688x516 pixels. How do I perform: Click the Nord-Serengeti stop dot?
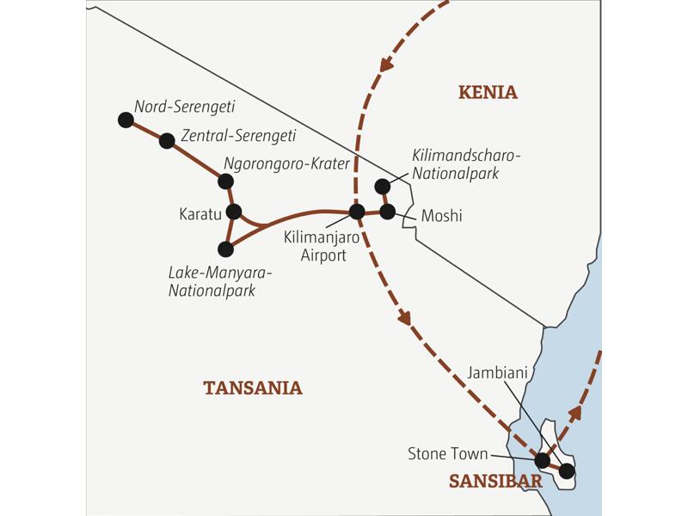pyautogui.click(x=126, y=120)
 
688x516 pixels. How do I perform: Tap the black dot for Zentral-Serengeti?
pyautogui.click(x=168, y=140)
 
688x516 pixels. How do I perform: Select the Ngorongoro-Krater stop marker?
pyautogui.click(x=225, y=181)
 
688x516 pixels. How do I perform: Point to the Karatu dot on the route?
pyautogui.click(x=233, y=212)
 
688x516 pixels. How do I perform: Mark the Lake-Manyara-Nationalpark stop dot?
pyautogui.click(x=225, y=249)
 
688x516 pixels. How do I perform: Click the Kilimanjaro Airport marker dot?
pyautogui.click(x=357, y=212)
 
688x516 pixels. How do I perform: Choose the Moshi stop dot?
pyautogui.click(x=387, y=211)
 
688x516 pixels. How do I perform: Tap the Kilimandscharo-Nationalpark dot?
pyautogui.click(x=382, y=186)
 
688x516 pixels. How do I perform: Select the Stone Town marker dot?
pyautogui.click(x=542, y=460)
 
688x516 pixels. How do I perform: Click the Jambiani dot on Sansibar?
pyautogui.click(x=566, y=470)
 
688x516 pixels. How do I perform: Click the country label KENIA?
pyautogui.click(x=488, y=93)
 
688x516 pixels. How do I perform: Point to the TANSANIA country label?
pyautogui.click(x=253, y=388)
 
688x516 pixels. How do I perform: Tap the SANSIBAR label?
pyautogui.click(x=495, y=482)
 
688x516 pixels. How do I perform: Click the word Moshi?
pyautogui.click(x=441, y=216)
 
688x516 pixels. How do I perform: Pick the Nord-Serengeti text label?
pyautogui.click(x=184, y=107)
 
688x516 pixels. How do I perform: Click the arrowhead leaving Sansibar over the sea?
pyautogui.click(x=575, y=413)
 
